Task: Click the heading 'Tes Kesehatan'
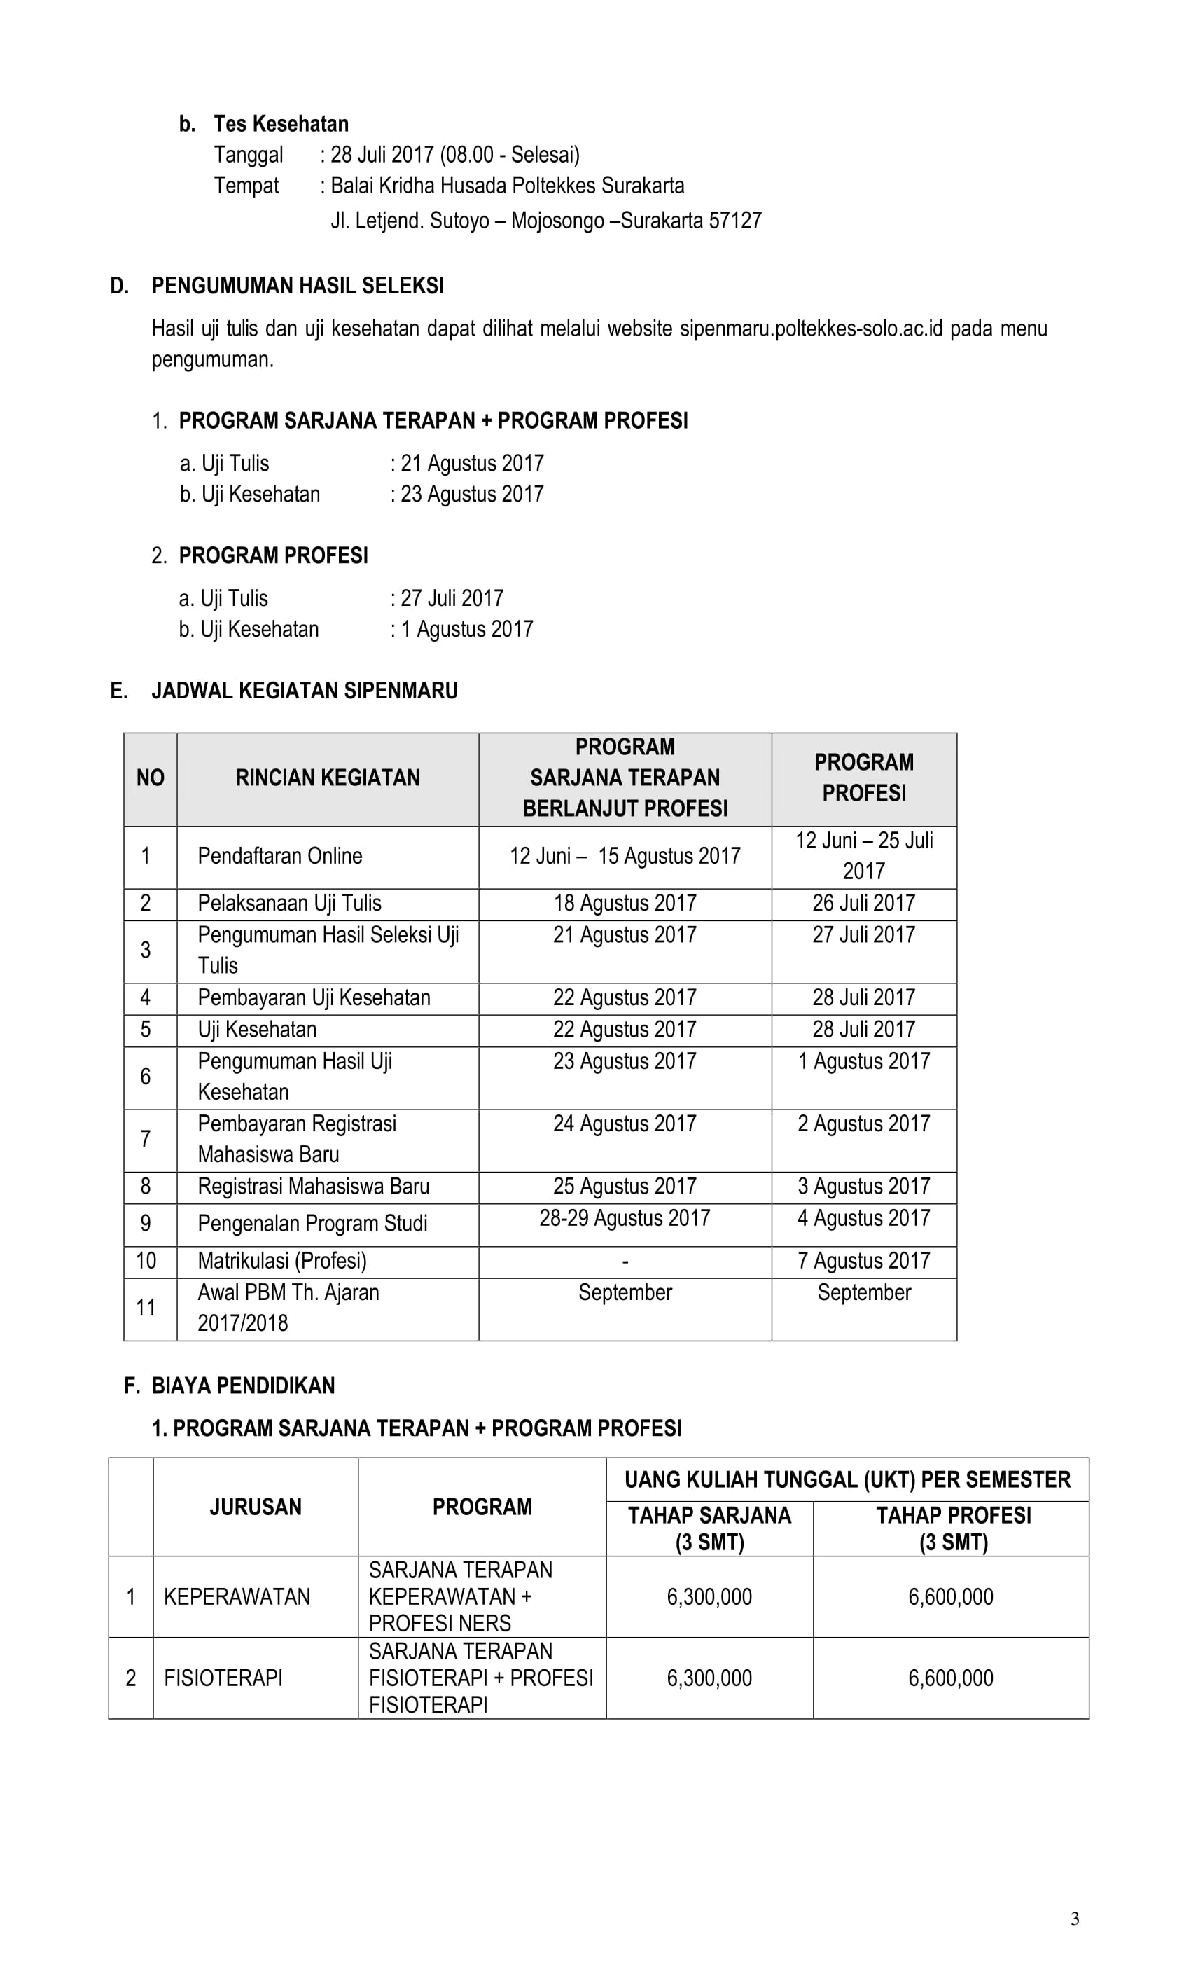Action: [280, 124]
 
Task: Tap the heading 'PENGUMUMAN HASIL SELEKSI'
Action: [297, 286]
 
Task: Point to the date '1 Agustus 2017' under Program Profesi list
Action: [466, 630]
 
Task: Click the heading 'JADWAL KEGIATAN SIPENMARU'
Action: [304, 691]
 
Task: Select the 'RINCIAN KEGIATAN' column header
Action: [327, 778]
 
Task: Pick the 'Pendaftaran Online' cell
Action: [279, 856]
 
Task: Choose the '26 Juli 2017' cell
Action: [863, 903]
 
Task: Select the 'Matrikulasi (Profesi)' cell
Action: [282, 1262]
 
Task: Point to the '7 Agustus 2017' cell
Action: [863, 1262]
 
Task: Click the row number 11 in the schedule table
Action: [146, 1308]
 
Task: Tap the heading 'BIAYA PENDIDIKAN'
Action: [243, 1386]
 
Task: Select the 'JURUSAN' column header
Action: [256, 1507]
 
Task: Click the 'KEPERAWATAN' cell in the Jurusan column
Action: [237, 1597]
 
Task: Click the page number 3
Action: [1075, 1919]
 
